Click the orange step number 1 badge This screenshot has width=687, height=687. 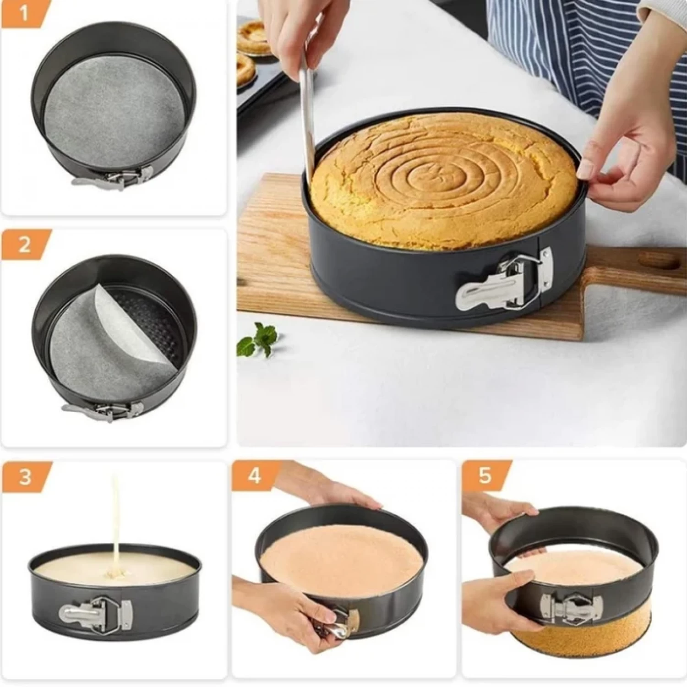[x=24, y=14]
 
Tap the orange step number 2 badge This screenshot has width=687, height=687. [x=25, y=245]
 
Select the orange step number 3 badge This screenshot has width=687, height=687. [x=25, y=476]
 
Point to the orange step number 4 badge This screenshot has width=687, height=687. [x=255, y=476]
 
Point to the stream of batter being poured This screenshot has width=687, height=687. [x=116, y=518]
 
